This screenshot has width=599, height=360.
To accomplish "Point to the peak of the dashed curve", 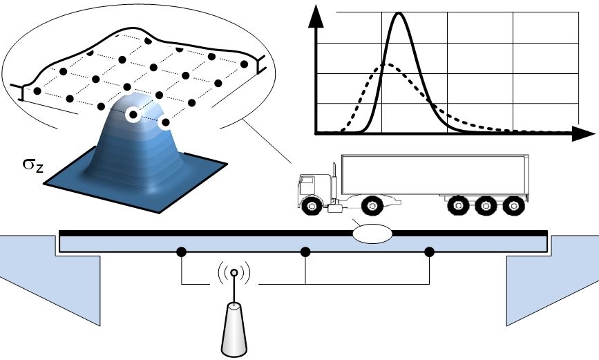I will pos(388,65).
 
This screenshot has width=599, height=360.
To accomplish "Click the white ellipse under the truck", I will pos(372,233).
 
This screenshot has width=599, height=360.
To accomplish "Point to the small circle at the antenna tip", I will pos(234,274).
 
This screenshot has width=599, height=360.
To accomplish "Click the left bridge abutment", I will pos(48,276).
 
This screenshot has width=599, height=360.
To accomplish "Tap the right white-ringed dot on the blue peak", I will pos(164,123).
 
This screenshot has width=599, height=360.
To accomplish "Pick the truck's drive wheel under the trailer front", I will pos(372,205).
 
